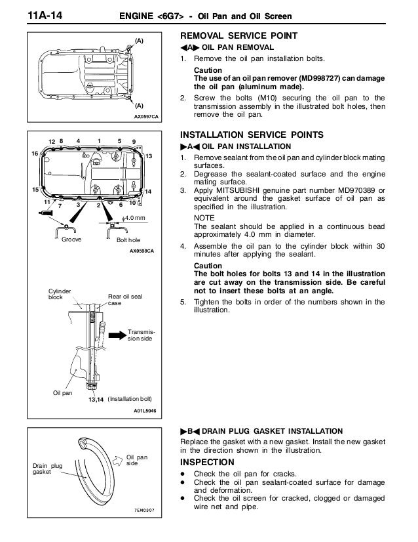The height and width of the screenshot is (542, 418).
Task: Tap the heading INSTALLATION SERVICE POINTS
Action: pyautogui.click(x=251, y=134)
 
